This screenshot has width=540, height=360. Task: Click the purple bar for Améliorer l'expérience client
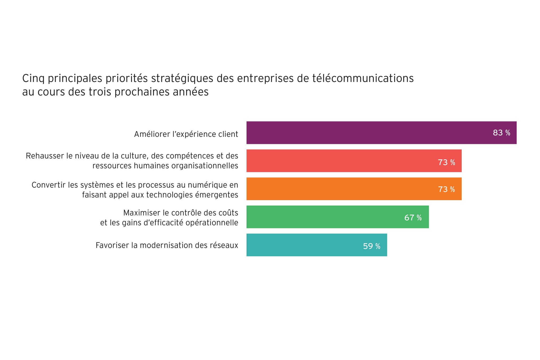(x=369, y=133)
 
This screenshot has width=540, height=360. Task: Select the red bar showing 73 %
(x=343, y=161)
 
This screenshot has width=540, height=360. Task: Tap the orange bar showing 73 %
(x=343, y=189)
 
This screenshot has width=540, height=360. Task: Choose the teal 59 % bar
(x=303, y=245)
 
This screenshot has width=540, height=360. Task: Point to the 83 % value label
(x=501, y=133)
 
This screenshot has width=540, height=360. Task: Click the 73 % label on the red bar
(x=446, y=162)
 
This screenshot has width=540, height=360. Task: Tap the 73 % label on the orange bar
(x=446, y=189)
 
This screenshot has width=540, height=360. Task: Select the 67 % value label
(x=413, y=218)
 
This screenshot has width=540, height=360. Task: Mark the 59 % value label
(x=372, y=246)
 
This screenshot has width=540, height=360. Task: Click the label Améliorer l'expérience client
(x=186, y=134)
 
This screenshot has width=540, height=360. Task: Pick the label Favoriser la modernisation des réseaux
(x=167, y=246)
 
